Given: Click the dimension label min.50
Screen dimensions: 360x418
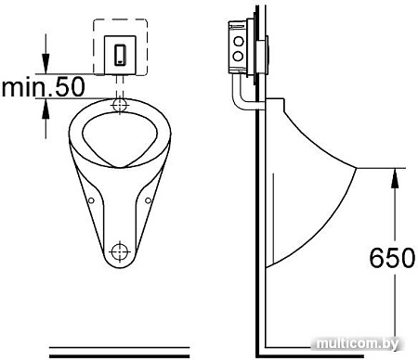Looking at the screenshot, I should pos(43,88).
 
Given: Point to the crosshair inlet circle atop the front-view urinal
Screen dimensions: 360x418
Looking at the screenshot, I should pos(120,105).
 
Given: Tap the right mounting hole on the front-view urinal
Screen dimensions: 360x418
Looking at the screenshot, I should pos(148,198).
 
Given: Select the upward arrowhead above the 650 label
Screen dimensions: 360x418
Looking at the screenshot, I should pos(395,174).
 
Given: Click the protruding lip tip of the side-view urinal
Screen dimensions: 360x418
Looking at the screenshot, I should pos(359,168).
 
